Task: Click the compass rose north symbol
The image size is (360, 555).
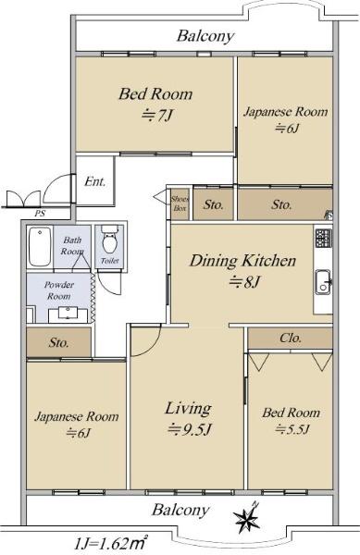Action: point(247,518)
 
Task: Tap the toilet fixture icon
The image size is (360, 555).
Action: point(109,240)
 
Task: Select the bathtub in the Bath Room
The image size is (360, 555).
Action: point(40,247)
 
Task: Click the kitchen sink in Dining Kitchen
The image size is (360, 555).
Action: point(323,281)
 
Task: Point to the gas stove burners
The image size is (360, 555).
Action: point(323,238)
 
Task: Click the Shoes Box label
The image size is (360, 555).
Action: point(180,203)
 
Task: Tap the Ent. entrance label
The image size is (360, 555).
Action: point(95,182)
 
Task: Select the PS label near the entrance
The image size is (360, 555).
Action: point(40,214)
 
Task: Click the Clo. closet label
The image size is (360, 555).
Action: point(291,338)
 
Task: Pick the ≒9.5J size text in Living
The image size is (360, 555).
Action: point(190,430)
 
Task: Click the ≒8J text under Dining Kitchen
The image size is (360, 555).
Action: point(244,282)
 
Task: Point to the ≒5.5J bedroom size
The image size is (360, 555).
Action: point(292,429)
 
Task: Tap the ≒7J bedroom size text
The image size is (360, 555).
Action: point(156,115)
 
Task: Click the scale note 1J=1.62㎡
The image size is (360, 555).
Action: point(111,543)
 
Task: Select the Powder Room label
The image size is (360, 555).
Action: point(59,290)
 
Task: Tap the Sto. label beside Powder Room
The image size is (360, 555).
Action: point(58,342)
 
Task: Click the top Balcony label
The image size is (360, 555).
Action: point(205,36)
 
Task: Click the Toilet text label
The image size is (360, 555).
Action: point(110,261)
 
